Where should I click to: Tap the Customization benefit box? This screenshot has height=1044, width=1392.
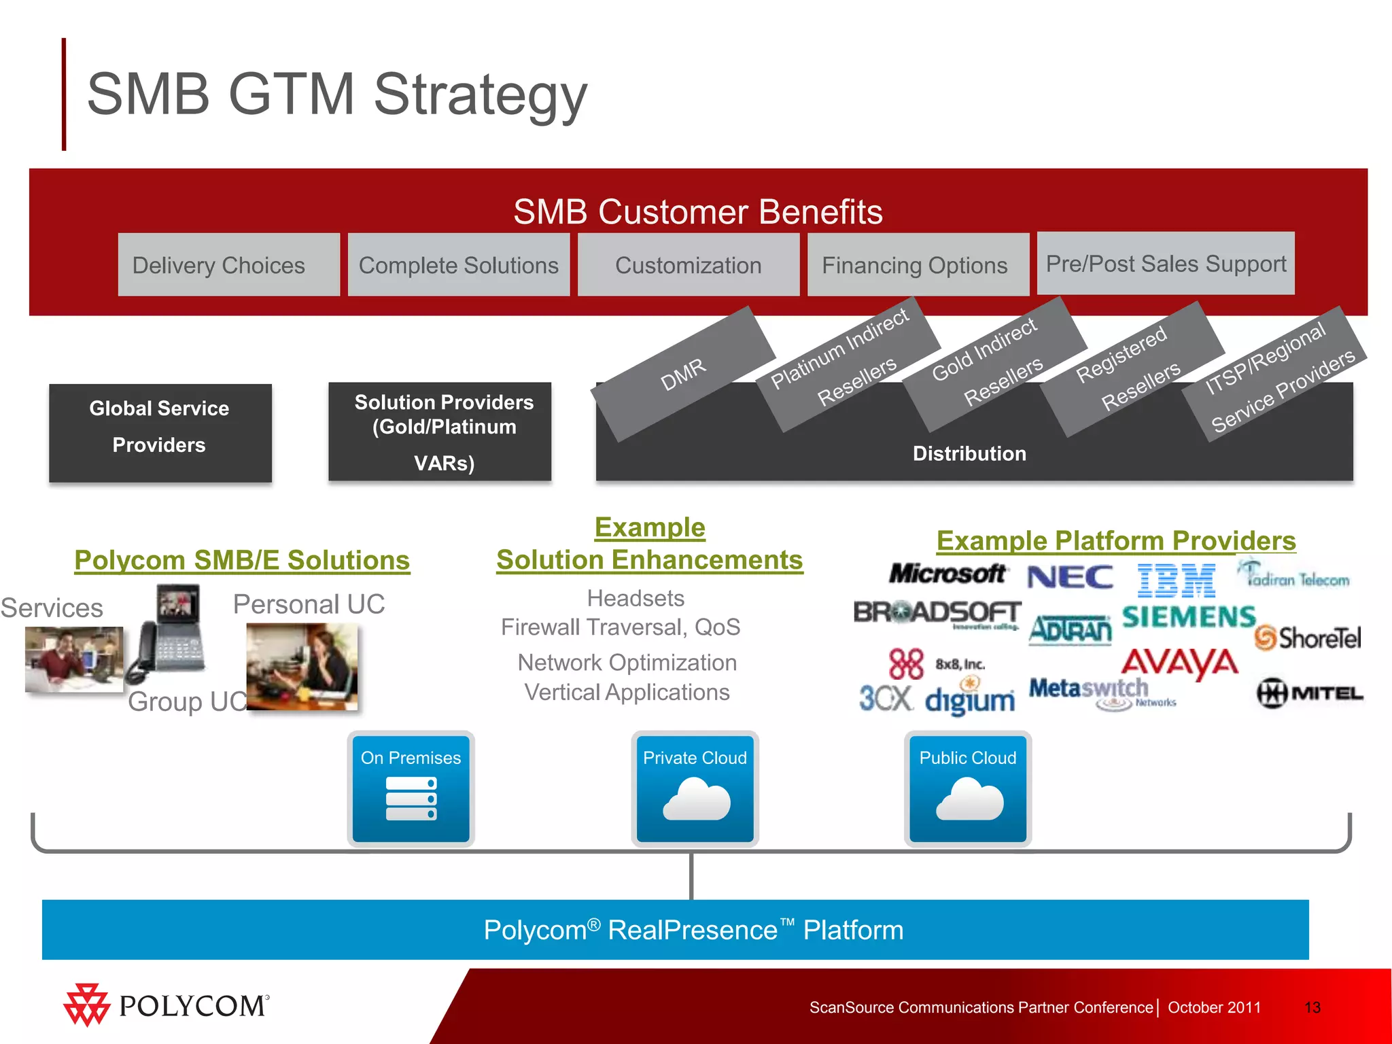point(688,265)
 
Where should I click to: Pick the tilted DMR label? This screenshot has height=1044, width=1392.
point(684,374)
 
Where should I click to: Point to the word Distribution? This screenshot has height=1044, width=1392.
point(969,453)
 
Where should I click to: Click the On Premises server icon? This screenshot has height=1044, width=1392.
point(411,799)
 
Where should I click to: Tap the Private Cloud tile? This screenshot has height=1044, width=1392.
point(695,788)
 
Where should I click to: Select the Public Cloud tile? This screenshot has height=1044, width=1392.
point(968,788)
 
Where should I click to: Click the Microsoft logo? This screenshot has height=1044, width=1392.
point(947,574)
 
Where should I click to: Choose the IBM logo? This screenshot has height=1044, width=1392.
point(1176,580)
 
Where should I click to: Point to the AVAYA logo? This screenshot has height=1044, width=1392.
point(1180,663)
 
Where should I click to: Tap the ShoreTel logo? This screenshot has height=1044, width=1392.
point(1308,638)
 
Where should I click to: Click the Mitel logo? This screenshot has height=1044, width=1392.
point(1310,693)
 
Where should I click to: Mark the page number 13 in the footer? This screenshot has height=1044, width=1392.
point(1312,1007)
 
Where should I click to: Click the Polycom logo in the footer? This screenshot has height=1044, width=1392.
point(167,1005)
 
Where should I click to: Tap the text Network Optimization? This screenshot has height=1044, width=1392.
point(627,662)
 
